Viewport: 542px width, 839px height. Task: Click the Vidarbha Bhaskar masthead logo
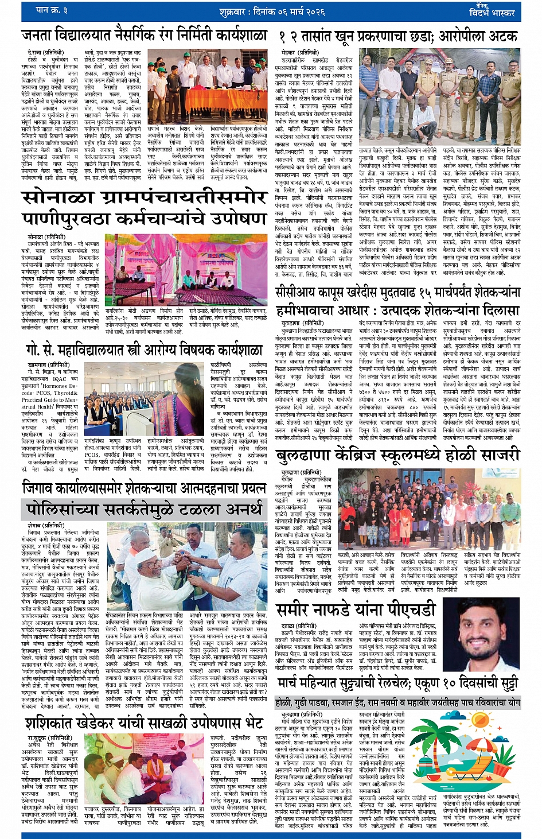[x=492, y=10]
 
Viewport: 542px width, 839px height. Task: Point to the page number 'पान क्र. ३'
[x=52, y=10]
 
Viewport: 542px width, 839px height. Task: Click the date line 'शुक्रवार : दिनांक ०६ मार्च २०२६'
[x=272, y=11]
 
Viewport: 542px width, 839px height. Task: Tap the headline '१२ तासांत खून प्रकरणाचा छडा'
[x=398, y=37]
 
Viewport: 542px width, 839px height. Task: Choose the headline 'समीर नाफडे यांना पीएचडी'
[x=356, y=610]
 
